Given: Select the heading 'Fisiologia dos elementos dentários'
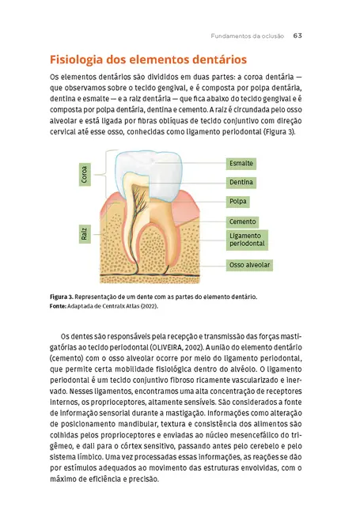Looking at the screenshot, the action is pyautogui.click(x=147, y=60).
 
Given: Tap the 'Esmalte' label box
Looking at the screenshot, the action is pyautogui.click(x=241, y=163).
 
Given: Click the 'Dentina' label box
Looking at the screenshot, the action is pyautogui.click(x=241, y=182).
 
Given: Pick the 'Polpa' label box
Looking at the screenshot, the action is pyautogui.click(x=238, y=201).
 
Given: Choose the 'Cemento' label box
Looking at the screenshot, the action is pyautogui.click(x=242, y=222).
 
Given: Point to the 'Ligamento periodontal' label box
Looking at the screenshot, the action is pyautogui.click(x=246, y=240).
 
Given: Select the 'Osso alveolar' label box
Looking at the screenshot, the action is pyautogui.click(x=249, y=264).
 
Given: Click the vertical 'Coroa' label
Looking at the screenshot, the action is pyautogui.click(x=84, y=175).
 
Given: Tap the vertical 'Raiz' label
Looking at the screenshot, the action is pyautogui.click(x=84, y=233).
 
